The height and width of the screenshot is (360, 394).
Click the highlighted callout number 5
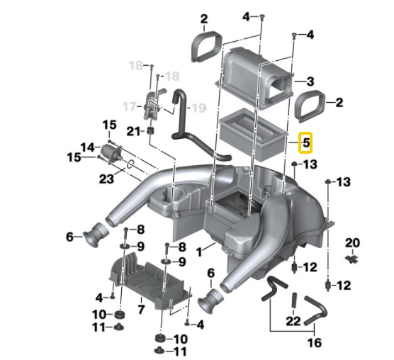(x=306, y=142)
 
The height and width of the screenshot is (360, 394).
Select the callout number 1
(x=201, y=250)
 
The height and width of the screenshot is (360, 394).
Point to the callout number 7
(x=140, y=309)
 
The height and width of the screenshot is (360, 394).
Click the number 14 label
(x=87, y=147)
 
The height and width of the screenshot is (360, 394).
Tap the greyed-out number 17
(x=128, y=107)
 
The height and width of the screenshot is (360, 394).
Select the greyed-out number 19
(x=198, y=108)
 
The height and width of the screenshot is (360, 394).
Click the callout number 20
(x=352, y=243)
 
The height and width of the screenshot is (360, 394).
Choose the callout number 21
(x=134, y=131)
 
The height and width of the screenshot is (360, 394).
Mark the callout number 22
(x=293, y=321)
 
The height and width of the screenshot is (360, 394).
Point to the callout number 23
(x=106, y=179)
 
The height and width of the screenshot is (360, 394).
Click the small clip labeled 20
(x=351, y=259)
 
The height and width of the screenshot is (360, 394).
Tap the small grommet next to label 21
(x=151, y=132)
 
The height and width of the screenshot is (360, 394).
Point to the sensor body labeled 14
(x=110, y=152)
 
